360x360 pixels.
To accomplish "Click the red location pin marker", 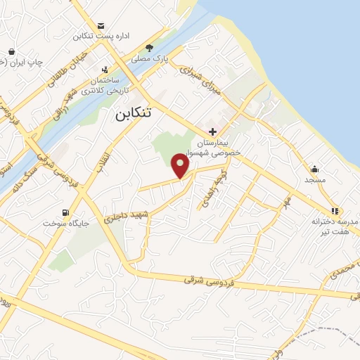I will [181, 167].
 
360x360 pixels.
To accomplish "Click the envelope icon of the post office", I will [103, 25].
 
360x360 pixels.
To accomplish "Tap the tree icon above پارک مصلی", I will [150, 48].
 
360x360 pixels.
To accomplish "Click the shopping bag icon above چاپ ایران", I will [13, 51].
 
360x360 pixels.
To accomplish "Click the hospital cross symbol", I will [212, 131].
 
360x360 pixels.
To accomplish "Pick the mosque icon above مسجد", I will [314, 169].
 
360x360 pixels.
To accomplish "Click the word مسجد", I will [315, 180].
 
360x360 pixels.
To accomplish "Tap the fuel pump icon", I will [65, 212].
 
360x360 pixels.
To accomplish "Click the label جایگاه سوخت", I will [63, 224].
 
